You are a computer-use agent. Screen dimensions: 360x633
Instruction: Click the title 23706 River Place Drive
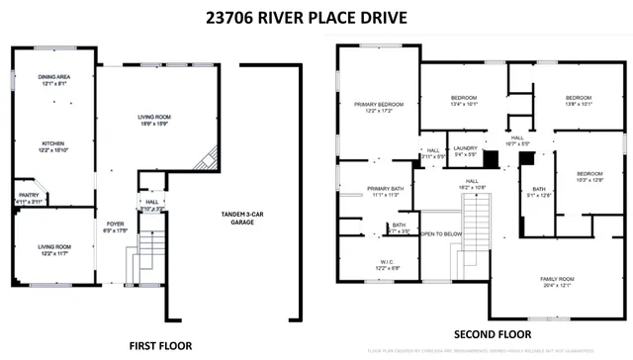(x=316, y=17)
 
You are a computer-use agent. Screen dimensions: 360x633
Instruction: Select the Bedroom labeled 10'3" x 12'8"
(x=589, y=175)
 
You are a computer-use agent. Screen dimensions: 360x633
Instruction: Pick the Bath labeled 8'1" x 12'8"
(x=539, y=192)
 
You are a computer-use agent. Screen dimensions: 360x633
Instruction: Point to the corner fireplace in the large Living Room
(x=207, y=159)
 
